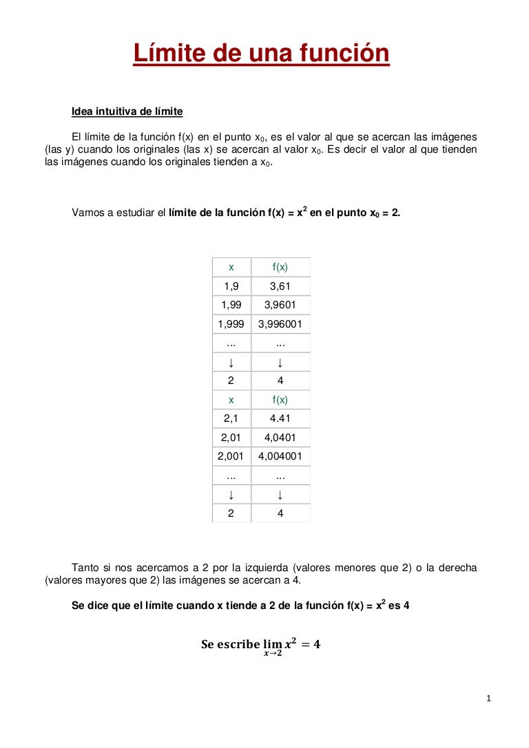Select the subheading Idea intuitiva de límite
[127, 111]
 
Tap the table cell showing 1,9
[231, 286]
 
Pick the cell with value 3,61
[280, 286]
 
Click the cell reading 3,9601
[280, 305]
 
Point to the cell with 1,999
[231, 324]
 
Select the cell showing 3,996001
[280, 324]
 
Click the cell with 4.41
[280, 418]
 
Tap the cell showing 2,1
[231, 418]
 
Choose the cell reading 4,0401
[280, 437]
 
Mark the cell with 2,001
[231, 456]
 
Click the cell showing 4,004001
[280, 456]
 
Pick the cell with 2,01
[231, 437]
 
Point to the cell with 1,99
[231, 305]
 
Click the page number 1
[488, 699]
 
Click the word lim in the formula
[272, 644]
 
